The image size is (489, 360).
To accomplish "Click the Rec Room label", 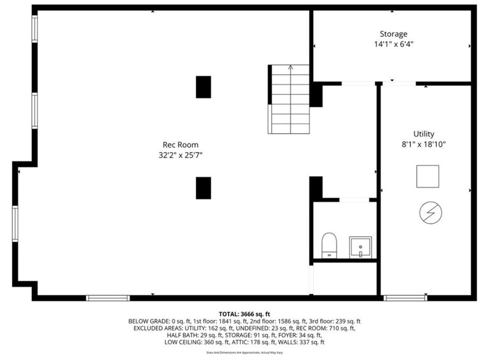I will click(181, 145).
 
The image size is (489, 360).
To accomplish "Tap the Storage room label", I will click(393, 34).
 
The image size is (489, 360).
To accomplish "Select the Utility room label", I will click(424, 134).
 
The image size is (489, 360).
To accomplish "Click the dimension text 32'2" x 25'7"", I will click(181, 155).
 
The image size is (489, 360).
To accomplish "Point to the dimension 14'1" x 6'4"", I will click(393, 44).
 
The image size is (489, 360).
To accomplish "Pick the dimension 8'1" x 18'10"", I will click(424, 144).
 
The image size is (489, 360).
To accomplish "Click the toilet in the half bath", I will click(329, 245).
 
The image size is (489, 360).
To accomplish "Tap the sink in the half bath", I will click(360, 247).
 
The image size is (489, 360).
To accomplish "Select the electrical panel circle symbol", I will click(430, 212).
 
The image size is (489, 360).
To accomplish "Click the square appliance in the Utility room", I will click(427, 176).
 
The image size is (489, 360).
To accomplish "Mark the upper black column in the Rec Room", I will click(203, 87).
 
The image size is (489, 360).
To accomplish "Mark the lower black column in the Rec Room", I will click(203, 188).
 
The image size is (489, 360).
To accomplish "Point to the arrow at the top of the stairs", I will click(290, 68).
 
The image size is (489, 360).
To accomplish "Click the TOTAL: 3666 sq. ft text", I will click(244, 314).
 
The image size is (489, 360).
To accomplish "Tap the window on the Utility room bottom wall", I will click(405, 298).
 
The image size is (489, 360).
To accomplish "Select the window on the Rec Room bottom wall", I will click(108, 298).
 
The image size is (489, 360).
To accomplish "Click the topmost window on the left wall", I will click(35, 29).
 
